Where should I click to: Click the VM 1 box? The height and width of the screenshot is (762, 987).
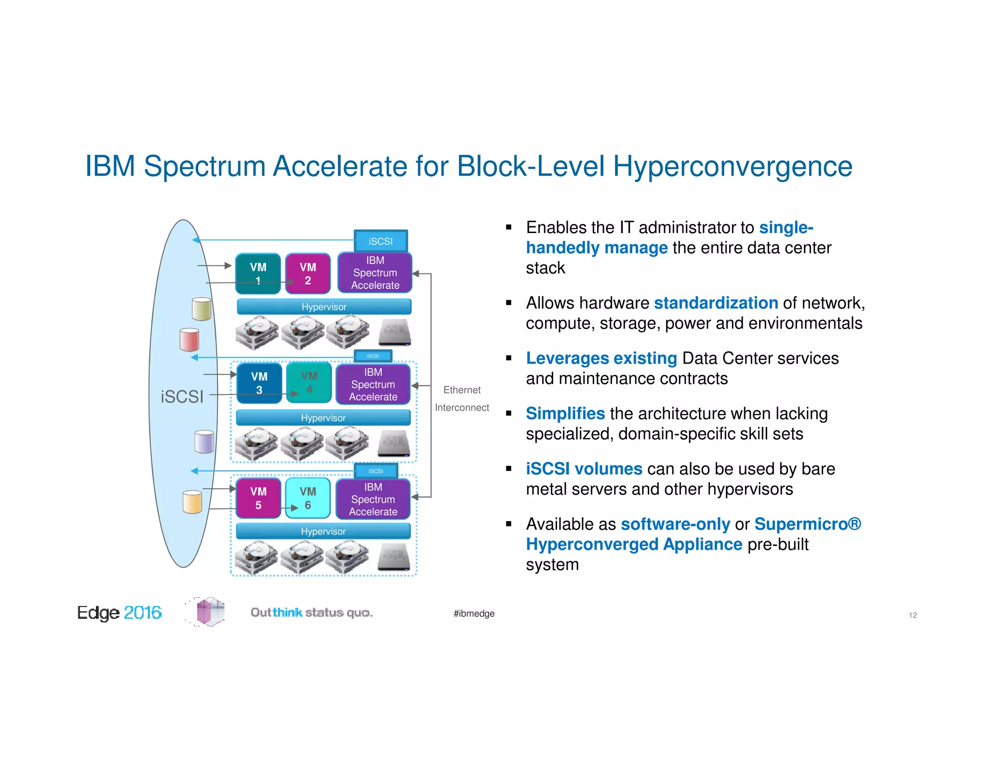coord(258,273)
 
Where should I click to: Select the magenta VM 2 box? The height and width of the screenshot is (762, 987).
coord(307,273)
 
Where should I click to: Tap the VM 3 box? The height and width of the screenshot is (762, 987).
coord(259,383)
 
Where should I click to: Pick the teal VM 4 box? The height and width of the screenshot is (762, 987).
coord(309,382)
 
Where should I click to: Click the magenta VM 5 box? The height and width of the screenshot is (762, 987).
coord(258,498)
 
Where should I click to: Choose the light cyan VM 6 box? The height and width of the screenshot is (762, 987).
coord(307,498)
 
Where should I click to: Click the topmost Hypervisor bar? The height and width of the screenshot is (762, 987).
coord(324,307)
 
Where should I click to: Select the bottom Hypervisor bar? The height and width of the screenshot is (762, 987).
coord(323,531)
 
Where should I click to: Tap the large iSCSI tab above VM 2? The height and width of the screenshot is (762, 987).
coord(381,241)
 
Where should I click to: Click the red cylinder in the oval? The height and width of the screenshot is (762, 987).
coord(189,340)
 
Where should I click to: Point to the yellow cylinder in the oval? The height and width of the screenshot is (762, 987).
coord(192,502)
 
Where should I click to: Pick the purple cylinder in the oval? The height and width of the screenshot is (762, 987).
coord(204,442)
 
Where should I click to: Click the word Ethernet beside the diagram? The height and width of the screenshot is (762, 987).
coord(462,390)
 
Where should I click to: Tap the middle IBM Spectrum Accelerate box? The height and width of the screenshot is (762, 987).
coord(373,384)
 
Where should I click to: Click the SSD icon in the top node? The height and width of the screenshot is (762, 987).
coord(395,332)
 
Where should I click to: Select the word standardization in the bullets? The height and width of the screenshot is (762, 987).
coord(716,303)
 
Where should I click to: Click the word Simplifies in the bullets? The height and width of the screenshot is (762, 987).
coord(565,414)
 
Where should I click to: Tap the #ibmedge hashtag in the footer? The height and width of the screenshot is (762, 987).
coord(474,614)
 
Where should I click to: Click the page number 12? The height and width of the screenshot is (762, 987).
coord(912,616)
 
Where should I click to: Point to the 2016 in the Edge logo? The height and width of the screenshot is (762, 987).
coord(143,613)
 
